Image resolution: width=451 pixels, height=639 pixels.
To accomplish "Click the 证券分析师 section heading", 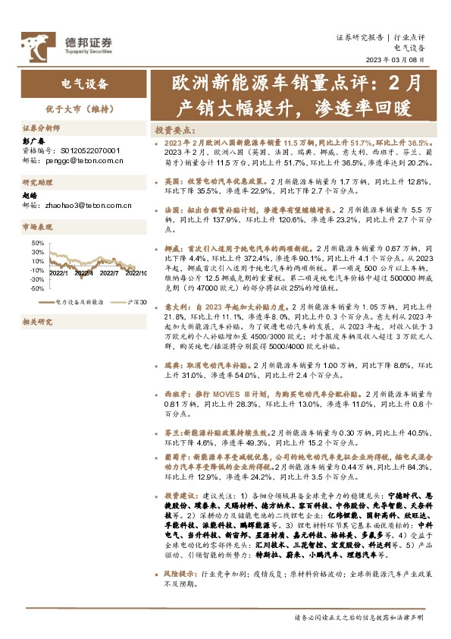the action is (x=41, y=129).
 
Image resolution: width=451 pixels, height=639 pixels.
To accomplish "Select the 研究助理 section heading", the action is (x=36, y=183).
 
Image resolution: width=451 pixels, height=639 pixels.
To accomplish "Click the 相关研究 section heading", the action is (x=36, y=322).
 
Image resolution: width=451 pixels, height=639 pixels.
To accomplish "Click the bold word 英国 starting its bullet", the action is (x=171, y=182).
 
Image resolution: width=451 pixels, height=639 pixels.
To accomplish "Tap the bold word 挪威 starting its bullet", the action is (x=171, y=248).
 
